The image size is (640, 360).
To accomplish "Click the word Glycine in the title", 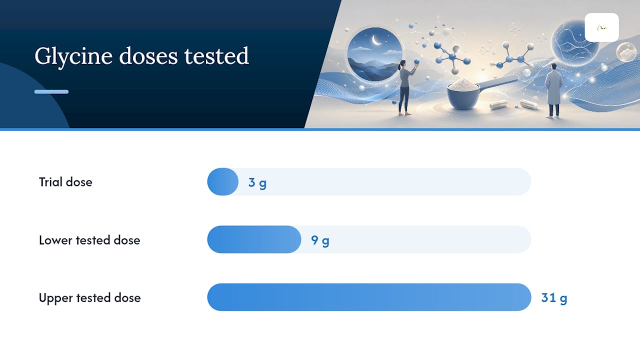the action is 73,56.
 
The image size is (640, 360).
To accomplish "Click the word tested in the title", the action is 216,56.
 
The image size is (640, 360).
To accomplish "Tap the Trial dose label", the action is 65,182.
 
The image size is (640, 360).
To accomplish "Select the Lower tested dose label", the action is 89,240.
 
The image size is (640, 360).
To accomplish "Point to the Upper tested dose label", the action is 89,298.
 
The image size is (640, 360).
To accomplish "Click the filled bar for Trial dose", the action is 223,181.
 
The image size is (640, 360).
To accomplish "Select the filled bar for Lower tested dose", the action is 254,239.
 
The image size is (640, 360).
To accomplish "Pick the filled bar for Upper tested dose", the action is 369,297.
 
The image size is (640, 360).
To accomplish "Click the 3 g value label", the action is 257,183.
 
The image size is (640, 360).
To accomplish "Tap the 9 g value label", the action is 320,240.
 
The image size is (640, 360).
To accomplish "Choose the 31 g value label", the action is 554,298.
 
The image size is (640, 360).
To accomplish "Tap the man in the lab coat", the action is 553,91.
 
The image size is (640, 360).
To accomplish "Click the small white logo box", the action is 601,27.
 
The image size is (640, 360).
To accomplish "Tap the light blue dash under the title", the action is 51,91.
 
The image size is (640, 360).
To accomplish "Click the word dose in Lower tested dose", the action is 127,240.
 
